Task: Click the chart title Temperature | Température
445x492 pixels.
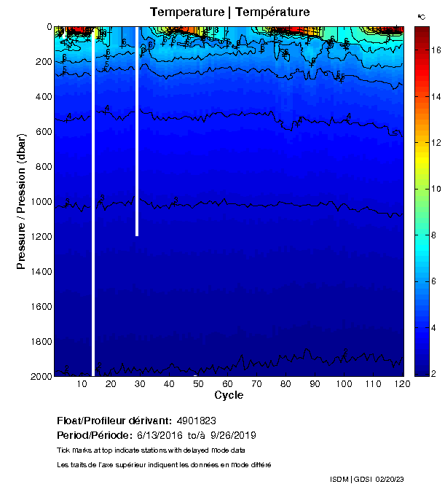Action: [229, 12]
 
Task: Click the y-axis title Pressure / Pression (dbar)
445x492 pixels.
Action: [21, 202]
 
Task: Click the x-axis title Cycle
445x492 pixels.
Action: [229, 396]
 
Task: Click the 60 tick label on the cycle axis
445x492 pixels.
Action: [228, 384]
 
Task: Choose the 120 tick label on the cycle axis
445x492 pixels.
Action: [399, 384]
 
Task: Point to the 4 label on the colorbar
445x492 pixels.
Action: [433, 327]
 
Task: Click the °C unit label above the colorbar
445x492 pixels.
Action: [421, 15]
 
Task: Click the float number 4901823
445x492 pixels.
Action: [196, 421]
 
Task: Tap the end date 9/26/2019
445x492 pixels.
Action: [233, 435]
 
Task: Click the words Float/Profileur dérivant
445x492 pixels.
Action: [114, 421]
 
